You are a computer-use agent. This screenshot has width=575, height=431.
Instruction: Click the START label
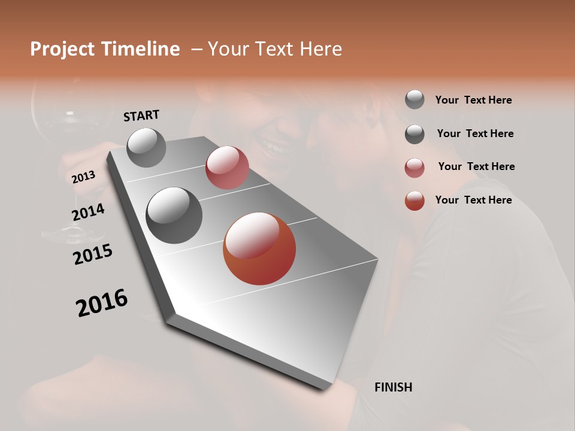(141, 115)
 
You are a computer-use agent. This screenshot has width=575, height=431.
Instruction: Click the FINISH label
(393, 387)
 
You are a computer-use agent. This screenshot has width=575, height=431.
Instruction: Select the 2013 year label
(83, 177)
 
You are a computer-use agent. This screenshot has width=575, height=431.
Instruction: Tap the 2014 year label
(88, 212)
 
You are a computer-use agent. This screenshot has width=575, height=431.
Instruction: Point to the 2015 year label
(93, 254)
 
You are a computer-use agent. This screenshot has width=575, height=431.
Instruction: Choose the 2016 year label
(102, 302)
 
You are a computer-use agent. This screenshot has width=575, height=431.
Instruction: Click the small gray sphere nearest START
(146, 147)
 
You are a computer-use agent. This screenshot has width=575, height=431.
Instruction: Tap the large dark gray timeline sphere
(174, 215)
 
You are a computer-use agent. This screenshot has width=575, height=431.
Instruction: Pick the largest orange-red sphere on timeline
(259, 248)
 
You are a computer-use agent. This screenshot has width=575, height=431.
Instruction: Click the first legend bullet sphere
(414, 99)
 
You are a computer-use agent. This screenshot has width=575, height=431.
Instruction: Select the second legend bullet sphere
(414, 134)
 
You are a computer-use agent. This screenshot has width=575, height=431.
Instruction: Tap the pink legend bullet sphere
(414, 168)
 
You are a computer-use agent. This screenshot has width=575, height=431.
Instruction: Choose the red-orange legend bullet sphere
(414, 201)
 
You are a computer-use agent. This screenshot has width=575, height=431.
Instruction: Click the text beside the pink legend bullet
(476, 166)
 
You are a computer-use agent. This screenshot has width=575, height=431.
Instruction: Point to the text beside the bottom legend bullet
(473, 200)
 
